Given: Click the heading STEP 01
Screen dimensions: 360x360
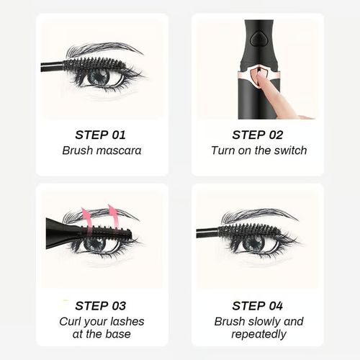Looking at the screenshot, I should click(100, 134).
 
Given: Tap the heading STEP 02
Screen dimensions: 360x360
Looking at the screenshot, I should click(258, 134).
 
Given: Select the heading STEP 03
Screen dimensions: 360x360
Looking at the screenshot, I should click(100, 305).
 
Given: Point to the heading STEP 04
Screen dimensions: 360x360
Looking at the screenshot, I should click(258, 305).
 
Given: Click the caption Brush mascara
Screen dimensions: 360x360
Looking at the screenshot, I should click(101, 150).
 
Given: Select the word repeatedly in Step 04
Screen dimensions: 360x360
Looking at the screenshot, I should click(258, 335).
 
